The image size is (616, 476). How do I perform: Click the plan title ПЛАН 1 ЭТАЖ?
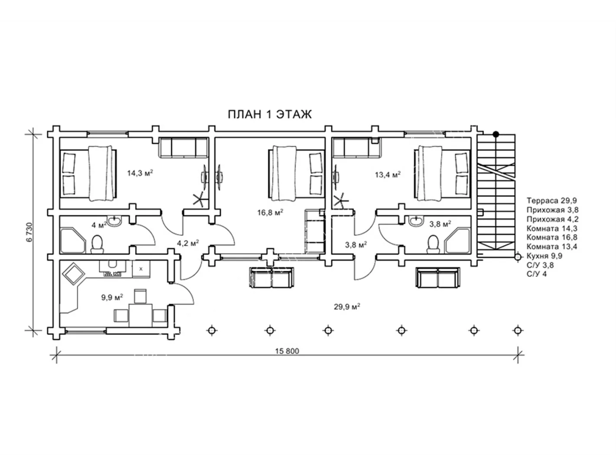click(x=269, y=114)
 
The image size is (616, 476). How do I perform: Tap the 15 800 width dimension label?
click(x=287, y=351)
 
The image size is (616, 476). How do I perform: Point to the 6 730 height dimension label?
click(x=30, y=232)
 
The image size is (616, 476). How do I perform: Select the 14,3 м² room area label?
click(x=140, y=173)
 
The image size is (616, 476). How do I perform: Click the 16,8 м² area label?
click(x=270, y=212)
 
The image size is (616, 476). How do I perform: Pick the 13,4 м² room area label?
click(x=388, y=174)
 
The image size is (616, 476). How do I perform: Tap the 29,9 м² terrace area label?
click(x=347, y=307)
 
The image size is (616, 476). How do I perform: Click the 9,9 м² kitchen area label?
click(x=112, y=297)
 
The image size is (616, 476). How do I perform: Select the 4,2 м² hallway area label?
click(x=188, y=243)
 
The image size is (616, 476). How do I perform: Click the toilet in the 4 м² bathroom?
click(x=97, y=244)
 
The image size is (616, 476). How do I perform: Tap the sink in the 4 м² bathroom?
click(x=114, y=221)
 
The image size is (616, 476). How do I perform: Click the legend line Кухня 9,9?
click(x=545, y=256)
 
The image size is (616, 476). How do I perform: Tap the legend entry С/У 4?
click(x=537, y=274)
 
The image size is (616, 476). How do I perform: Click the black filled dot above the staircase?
click(x=496, y=134)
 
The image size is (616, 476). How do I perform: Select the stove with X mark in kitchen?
click(x=141, y=269)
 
